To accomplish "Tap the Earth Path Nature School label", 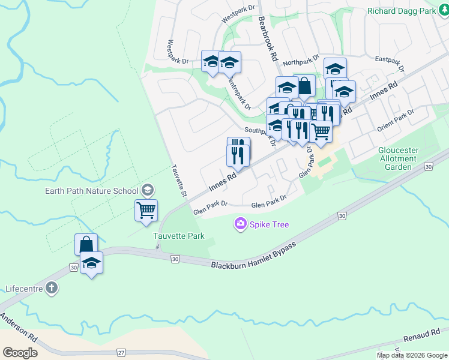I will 92,191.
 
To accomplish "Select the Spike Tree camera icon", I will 241,224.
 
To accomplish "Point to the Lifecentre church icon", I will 52,288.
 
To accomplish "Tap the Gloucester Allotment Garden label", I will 397,158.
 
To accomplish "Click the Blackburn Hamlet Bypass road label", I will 253,256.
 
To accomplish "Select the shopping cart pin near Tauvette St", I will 146,211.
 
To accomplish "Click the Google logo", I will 20,353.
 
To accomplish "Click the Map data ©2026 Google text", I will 412,355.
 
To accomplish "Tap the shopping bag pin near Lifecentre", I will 86,245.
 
